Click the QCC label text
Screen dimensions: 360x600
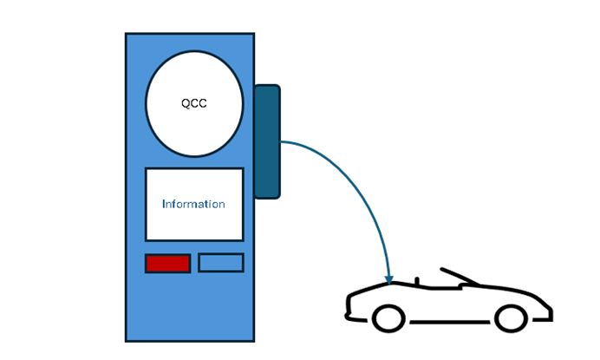point(193,103)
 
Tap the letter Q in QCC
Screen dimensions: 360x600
point(186,103)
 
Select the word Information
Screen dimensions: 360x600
point(193,205)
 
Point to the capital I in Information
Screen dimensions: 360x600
point(164,205)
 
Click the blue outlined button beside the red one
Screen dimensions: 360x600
point(220,263)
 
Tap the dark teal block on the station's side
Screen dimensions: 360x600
point(267,141)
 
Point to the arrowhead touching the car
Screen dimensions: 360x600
point(389,278)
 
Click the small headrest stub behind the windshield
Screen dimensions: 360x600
point(418,281)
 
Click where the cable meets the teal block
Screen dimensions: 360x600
point(281,141)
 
